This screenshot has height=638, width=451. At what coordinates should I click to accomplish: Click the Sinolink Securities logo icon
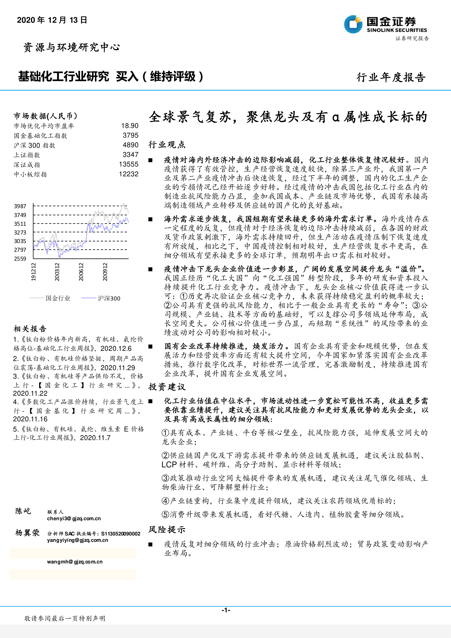coord(353,24)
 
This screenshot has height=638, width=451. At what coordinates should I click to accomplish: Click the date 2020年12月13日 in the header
coord(52,20)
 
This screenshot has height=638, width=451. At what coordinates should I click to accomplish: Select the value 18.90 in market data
coord(130,126)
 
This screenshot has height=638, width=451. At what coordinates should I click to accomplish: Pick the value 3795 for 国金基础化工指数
coord(130,136)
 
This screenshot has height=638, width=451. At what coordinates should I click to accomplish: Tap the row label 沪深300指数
coord(35,145)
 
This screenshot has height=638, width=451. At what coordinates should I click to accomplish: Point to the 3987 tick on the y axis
coord(20,206)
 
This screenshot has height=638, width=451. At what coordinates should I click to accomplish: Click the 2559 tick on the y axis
coord(20,259)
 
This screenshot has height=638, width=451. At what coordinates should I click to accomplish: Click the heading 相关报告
coord(30,329)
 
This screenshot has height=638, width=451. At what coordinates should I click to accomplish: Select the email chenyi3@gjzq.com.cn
coord(74,519)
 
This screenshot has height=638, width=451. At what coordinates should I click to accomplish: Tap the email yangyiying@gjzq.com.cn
coord(77,540)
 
